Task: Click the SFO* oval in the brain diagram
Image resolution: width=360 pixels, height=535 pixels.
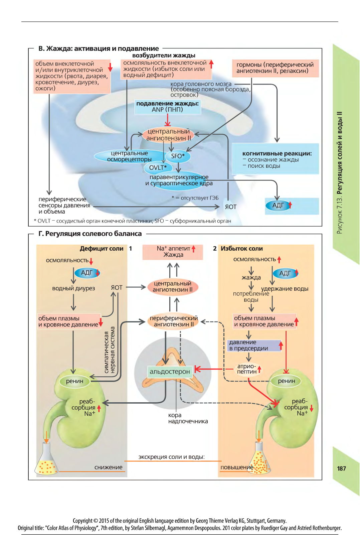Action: (x=178, y=156)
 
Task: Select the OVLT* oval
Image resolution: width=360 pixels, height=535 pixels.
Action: (x=158, y=168)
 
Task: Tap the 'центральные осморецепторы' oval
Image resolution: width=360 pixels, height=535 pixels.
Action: (x=129, y=156)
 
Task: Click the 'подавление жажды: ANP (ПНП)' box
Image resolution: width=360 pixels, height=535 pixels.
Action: (x=167, y=107)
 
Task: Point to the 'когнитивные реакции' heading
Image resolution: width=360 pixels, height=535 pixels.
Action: (x=277, y=153)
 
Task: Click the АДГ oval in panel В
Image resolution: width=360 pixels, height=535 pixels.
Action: (x=279, y=205)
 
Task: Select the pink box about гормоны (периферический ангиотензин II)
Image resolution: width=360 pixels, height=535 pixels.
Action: (x=275, y=68)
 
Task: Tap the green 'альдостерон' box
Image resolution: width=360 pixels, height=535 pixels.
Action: (x=170, y=372)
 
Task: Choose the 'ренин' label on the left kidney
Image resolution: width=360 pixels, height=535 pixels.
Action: (x=74, y=381)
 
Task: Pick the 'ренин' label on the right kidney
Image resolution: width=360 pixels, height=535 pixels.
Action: (x=286, y=381)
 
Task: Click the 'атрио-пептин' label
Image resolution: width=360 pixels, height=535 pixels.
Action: (x=247, y=369)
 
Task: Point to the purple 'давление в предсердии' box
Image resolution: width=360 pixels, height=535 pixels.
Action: (x=254, y=346)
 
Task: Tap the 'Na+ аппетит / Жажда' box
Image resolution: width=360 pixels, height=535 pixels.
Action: (x=173, y=252)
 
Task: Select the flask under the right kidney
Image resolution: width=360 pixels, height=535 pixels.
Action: (x=259, y=458)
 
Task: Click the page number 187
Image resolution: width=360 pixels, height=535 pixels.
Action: (x=341, y=469)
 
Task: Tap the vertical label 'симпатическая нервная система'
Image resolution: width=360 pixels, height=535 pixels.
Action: (x=110, y=350)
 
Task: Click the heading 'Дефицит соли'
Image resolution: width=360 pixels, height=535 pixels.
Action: (x=102, y=249)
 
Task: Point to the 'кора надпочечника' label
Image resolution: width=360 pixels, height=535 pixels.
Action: (x=188, y=418)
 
